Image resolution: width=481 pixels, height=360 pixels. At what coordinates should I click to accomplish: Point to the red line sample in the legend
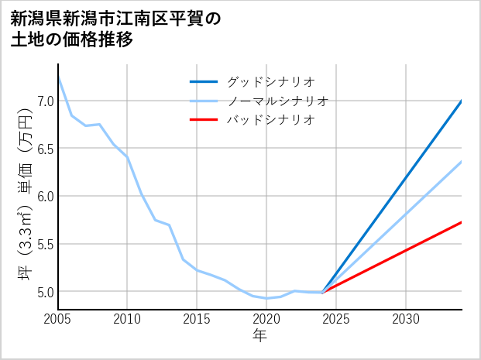click(x=204, y=120)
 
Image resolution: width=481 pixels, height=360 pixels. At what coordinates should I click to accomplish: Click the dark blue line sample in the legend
click(x=204, y=81)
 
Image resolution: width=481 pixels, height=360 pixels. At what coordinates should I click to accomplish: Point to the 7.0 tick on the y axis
click(x=44, y=101)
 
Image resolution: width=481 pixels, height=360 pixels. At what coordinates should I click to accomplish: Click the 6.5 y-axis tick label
click(x=44, y=149)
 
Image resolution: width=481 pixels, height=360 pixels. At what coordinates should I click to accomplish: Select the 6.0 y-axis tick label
click(x=44, y=196)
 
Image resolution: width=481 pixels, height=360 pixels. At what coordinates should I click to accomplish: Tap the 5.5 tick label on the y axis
click(x=44, y=244)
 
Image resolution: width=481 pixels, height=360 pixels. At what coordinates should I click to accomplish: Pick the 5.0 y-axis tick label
click(x=44, y=292)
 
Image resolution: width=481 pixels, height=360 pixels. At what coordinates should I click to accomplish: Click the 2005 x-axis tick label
click(x=58, y=319)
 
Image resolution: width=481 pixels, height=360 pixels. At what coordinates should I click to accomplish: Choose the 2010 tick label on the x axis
click(x=128, y=319)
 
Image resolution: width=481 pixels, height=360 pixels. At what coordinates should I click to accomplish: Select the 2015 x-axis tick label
click(x=197, y=319)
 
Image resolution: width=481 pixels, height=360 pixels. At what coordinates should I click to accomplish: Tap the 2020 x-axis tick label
click(x=266, y=319)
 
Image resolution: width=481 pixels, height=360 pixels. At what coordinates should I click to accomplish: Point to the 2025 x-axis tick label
click(x=336, y=319)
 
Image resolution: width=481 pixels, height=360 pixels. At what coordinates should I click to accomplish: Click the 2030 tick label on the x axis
click(x=406, y=319)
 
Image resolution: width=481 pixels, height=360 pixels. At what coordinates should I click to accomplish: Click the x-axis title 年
click(x=260, y=335)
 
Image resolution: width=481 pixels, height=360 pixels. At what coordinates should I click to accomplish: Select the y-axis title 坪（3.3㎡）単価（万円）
click(x=24, y=195)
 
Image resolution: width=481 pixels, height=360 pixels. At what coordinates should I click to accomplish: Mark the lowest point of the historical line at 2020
click(x=266, y=298)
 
